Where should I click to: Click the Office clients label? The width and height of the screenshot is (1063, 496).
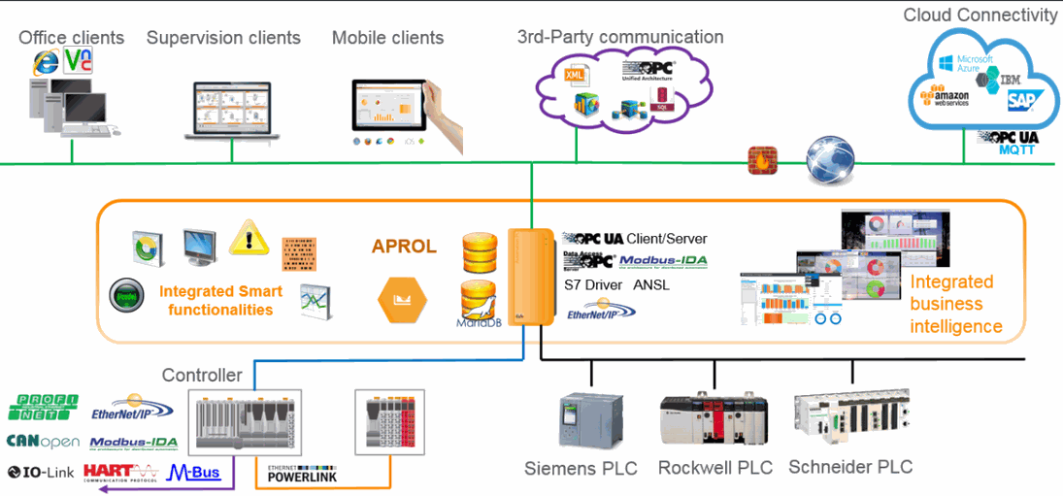(x=72, y=39)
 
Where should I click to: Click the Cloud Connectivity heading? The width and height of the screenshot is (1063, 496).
(x=980, y=16)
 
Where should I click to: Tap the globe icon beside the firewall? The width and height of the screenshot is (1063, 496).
(x=830, y=160)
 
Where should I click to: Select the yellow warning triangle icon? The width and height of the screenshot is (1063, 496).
(x=249, y=238)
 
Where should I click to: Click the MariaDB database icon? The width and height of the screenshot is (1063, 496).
(x=480, y=302)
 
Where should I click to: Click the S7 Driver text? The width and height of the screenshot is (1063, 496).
(x=593, y=285)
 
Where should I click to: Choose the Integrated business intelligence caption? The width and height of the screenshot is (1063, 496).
(x=956, y=304)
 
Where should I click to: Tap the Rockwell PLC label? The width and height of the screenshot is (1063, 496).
(x=715, y=468)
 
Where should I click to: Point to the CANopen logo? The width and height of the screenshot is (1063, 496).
(x=43, y=443)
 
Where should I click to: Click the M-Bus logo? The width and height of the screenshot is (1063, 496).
(x=194, y=473)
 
